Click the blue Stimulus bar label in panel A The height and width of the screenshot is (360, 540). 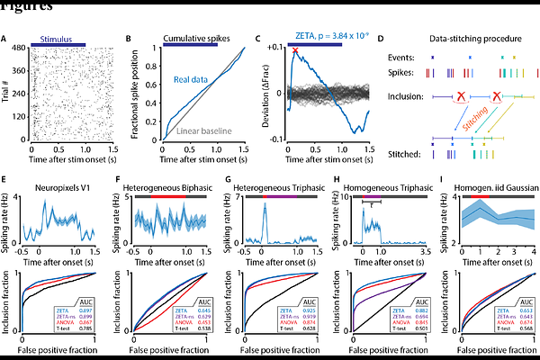click(x=58, y=40)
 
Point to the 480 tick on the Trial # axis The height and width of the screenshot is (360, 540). click(x=19, y=47)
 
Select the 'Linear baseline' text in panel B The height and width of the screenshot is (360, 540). click(x=205, y=131)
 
